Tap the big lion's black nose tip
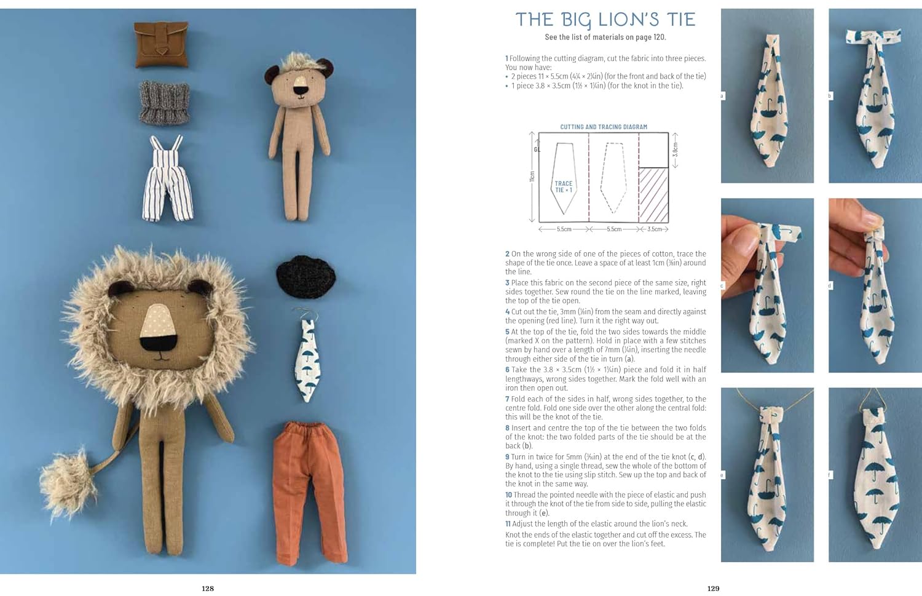(157, 339)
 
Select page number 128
(208, 589)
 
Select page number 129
(713, 589)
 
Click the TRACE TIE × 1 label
(563, 187)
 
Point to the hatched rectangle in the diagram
(653, 194)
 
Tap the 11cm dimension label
(532, 177)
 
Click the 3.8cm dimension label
(676, 149)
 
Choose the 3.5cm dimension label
(655, 229)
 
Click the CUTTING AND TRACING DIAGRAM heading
(604, 127)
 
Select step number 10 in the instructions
(508, 495)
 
